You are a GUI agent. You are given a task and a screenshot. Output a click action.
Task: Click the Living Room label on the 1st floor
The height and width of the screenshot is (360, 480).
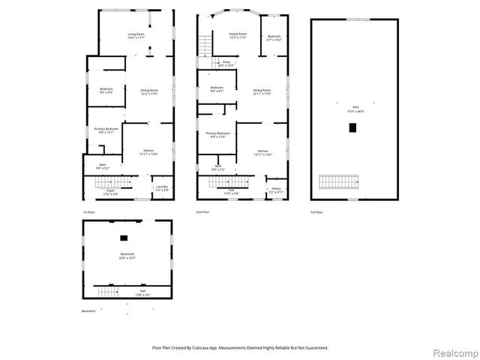[136, 36]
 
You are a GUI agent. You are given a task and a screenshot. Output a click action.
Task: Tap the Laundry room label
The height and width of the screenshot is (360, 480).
[161, 187]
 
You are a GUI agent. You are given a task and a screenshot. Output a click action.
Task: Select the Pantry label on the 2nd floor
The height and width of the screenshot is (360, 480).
[276, 190]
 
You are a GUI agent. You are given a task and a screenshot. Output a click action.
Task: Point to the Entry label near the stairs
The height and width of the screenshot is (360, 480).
[226, 64]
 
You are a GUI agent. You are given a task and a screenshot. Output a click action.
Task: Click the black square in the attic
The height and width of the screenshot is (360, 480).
[352, 127]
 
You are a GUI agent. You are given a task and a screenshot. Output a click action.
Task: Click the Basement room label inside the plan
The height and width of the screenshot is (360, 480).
[127, 256]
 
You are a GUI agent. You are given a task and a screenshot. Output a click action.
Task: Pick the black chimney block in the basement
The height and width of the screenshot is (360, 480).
[124, 238]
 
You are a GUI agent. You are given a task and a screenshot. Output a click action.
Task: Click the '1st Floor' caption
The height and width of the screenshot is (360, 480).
[89, 212]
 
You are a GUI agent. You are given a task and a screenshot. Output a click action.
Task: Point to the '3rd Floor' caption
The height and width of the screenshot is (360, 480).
[317, 212]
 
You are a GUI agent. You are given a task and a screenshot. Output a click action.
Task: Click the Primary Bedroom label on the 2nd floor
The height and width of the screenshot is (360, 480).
[217, 135]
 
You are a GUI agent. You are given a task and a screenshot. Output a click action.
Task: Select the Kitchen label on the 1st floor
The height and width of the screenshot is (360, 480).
[148, 152]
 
